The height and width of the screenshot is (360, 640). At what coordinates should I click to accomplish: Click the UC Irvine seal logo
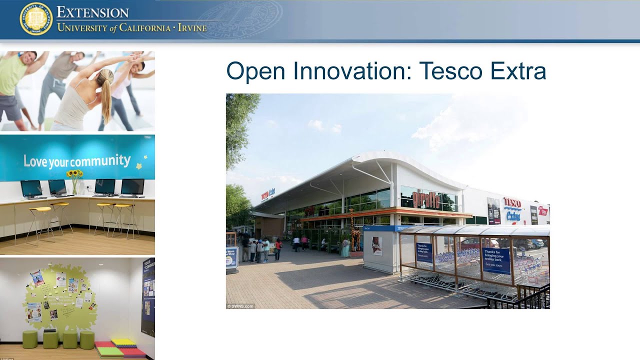coord(36,19)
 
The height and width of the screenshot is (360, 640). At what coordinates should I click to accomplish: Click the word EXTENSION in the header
coord(92,12)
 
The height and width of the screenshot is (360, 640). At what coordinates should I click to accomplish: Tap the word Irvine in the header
coord(192,27)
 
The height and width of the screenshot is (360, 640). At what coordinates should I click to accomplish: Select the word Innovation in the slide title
coord(350,71)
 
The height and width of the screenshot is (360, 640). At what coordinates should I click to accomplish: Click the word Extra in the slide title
coord(518,71)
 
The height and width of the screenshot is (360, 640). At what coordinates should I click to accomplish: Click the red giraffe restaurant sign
coord(426,200)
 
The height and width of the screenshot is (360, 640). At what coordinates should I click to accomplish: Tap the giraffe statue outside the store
coord(354,231)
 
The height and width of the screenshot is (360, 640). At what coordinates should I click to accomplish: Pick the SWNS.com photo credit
coord(240,306)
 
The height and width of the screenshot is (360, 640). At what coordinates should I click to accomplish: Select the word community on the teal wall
coord(100,161)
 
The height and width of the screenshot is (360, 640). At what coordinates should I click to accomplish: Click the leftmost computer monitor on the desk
coord(31,189)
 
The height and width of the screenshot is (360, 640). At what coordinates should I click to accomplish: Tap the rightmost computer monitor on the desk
coord(132,188)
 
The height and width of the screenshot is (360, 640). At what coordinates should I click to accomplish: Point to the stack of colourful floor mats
coord(122,348)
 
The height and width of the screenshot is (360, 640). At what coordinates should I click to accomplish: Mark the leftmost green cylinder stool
coord(30,339)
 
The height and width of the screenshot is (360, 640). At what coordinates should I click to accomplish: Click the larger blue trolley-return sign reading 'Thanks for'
coord(496,260)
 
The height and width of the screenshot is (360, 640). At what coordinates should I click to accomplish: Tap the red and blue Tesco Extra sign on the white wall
coord(512,209)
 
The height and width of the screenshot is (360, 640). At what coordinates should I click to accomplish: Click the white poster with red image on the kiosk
coord(377,245)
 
